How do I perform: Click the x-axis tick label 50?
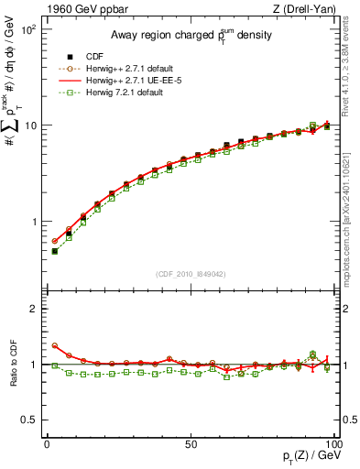coord(190,444)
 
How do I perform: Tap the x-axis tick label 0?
coord(47,444)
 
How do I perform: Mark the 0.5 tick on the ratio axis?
coord(30,420)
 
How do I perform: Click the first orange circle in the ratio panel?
coord(55,346)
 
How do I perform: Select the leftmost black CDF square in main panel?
coord(55,251)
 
